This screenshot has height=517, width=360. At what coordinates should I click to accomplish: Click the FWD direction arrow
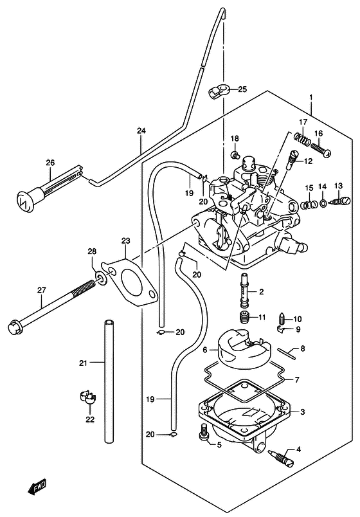37,487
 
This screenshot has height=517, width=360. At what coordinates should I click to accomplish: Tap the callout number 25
242,89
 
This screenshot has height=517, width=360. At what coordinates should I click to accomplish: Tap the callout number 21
83,363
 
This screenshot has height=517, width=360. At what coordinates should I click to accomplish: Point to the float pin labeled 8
287,352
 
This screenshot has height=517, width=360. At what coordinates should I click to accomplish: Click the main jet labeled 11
244,318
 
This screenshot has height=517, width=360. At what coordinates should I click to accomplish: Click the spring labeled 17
303,138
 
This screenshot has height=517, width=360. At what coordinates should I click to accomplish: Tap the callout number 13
339,186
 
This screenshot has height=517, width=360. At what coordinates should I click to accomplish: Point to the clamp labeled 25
216,91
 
